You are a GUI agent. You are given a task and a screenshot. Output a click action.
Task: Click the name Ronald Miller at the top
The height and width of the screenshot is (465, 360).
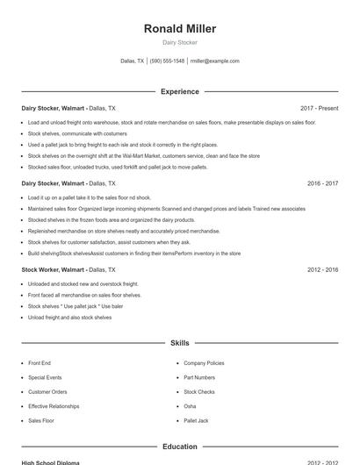tap(180, 29)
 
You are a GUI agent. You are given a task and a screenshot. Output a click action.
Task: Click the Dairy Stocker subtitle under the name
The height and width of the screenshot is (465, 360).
tap(180, 42)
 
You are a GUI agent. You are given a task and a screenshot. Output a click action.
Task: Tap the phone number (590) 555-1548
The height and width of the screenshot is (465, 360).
tap(167, 61)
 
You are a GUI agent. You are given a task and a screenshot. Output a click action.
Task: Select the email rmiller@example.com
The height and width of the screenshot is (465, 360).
tap(215, 61)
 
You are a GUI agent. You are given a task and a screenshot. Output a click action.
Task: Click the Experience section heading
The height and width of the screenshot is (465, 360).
tap(180, 91)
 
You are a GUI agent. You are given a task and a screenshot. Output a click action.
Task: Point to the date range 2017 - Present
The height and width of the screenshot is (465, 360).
tap(319, 108)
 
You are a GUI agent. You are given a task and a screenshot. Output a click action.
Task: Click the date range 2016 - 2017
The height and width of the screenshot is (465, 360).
tap(322, 183)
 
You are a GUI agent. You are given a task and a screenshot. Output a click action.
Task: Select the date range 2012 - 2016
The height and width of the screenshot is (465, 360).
tap(322, 270)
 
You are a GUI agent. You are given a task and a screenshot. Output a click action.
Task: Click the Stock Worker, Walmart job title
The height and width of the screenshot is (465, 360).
tap(53, 270)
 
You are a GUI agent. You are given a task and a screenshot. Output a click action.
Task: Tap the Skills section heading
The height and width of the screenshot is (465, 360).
tap(180, 343)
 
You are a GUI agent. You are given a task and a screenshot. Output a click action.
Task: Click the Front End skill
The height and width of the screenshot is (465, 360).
tap(40, 362)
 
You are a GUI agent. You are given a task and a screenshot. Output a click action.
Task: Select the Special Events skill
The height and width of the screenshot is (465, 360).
tap(45, 377)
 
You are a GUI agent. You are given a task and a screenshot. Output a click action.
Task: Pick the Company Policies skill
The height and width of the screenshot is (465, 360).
tap(204, 362)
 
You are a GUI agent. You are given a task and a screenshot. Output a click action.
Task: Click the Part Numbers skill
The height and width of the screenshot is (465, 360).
tap(199, 377)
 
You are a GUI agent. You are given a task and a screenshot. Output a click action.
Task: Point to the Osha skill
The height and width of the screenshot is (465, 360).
tap(190, 406)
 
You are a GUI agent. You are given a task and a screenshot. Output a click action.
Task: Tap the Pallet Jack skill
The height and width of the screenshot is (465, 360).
tap(196, 421)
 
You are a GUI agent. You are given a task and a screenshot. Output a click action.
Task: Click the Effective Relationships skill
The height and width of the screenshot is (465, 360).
tap(54, 406)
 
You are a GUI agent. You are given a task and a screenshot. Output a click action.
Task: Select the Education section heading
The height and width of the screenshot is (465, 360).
tap(180, 447)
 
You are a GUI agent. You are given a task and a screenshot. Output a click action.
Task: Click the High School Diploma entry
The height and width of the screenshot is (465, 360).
tap(51, 461)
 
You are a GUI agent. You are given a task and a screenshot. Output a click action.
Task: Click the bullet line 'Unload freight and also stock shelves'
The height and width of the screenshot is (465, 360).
tap(69, 318)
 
